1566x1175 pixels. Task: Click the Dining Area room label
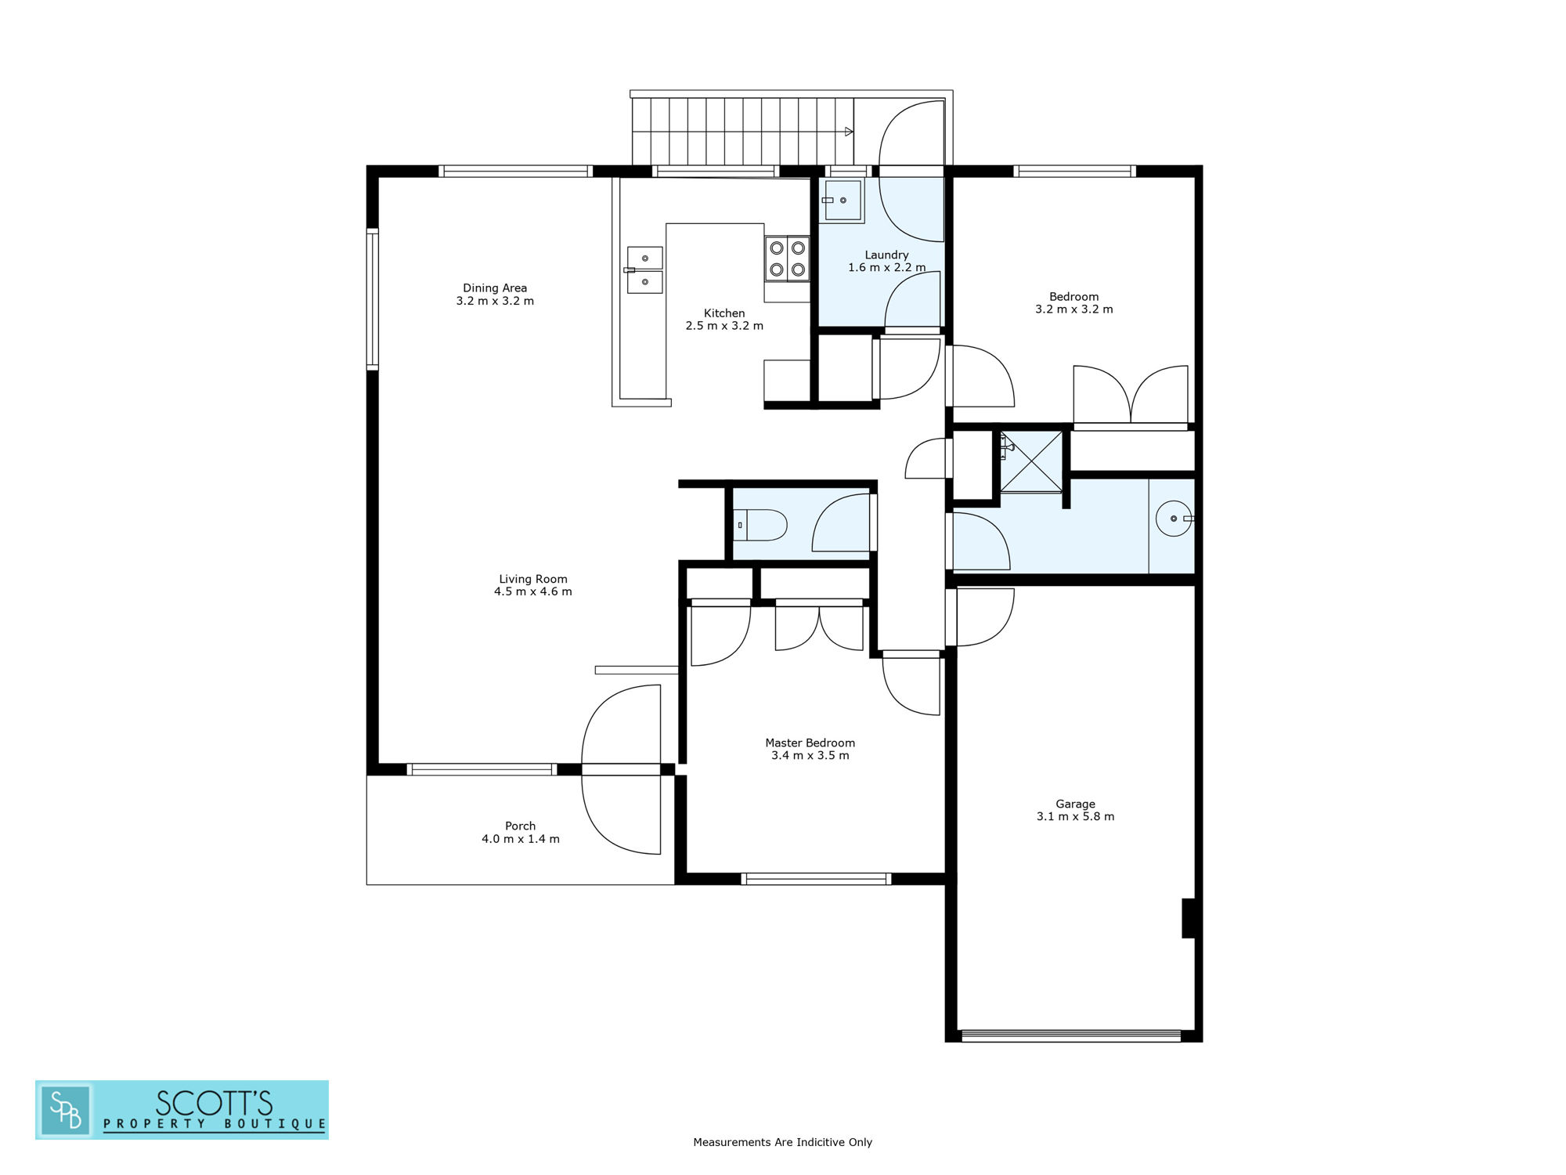coord(495,288)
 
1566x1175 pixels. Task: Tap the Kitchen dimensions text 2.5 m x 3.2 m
coord(724,326)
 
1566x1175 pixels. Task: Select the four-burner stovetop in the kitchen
coord(788,258)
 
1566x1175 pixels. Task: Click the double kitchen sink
coord(644,269)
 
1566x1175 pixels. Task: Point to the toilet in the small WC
coord(760,525)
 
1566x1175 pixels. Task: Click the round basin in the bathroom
coord(1174,519)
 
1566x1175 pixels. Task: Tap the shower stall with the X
coord(1031,461)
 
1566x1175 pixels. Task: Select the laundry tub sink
coord(841,201)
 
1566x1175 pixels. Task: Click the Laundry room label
coord(886,255)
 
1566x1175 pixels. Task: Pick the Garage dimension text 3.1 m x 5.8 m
coord(1075,816)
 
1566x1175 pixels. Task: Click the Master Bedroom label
coord(810,743)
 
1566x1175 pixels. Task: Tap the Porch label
coord(520,826)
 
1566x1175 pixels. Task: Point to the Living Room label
coord(532,579)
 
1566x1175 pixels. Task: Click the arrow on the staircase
coord(849,132)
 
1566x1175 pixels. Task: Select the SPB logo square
coord(66,1109)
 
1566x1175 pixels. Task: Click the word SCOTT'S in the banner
coord(214,1103)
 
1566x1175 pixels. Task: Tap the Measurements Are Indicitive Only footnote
coord(782,1142)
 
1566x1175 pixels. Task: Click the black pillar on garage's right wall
coord(1188,918)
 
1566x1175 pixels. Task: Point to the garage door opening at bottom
coord(1070,1036)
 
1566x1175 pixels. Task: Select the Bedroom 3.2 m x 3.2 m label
coord(1073,303)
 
